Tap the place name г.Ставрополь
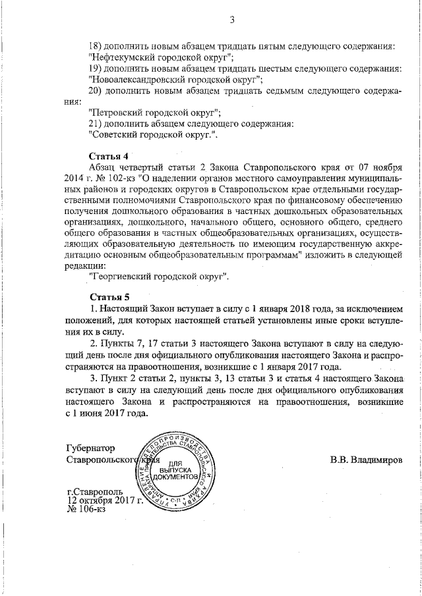point(95,491)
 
